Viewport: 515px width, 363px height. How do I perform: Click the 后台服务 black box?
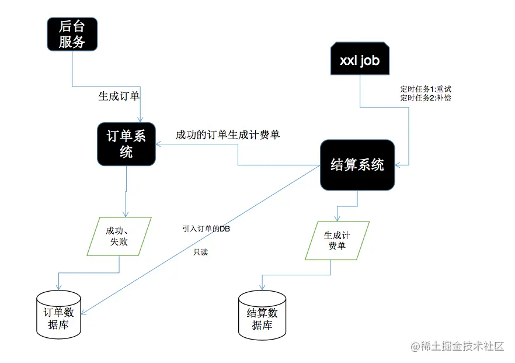pyautogui.click(x=72, y=33)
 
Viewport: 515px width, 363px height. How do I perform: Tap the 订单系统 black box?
pyautogui.click(x=126, y=144)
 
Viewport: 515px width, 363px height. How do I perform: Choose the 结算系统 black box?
pyautogui.click(x=357, y=165)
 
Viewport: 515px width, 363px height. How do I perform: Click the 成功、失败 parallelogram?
pyautogui.click(x=119, y=236)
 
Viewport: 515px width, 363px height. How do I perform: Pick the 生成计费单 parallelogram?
pyautogui.click(x=337, y=240)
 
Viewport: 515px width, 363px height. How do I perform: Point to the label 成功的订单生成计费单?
pyautogui.click(x=228, y=135)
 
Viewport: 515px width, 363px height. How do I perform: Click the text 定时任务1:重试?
pyautogui.click(x=426, y=89)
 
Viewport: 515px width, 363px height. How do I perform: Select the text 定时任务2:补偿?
pyautogui.click(x=426, y=98)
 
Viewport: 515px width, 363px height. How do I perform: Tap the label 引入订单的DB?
pyautogui.click(x=206, y=229)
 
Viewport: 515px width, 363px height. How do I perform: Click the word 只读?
pyautogui.click(x=200, y=253)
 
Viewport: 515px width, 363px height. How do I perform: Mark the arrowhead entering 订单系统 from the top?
pyautogui.click(x=141, y=119)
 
